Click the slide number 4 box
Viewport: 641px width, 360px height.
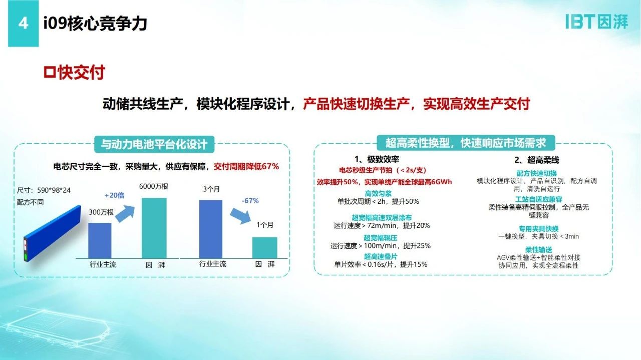pyautogui.click(x=23, y=23)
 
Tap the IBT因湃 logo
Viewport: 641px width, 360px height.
pyautogui.click(x=597, y=22)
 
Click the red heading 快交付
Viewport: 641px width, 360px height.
pyautogui.click(x=74, y=73)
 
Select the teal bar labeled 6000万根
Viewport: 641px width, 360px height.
pyautogui.click(x=154, y=228)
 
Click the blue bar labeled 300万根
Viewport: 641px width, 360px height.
pyautogui.click(x=100, y=241)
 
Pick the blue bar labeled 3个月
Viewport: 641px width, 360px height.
pyautogui.click(x=211, y=229)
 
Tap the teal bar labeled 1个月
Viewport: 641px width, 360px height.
pyautogui.click(x=265, y=248)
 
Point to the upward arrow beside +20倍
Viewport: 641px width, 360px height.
pyautogui.click(x=125, y=214)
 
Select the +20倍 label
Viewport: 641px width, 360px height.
pyautogui.click(x=115, y=195)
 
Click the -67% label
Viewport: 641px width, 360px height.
pyautogui.click(x=250, y=201)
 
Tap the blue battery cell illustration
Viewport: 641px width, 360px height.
pyautogui.click(x=53, y=233)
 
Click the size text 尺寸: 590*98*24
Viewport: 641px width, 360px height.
pyautogui.click(x=44, y=190)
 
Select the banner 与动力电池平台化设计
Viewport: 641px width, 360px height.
pyautogui.click(x=154, y=144)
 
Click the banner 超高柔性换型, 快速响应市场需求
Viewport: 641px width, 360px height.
pyautogui.click(x=466, y=143)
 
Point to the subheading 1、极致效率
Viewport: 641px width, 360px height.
pyautogui.click(x=377, y=159)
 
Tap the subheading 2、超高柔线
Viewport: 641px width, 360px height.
pyautogui.click(x=536, y=160)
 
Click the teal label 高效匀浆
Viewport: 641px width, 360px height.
pyautogui.click(x=378, y=194)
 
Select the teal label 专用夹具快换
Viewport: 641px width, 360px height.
pyautogui.click(x=538, y=229)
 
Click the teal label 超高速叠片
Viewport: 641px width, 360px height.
pyautogui.click(x=380, y=256)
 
